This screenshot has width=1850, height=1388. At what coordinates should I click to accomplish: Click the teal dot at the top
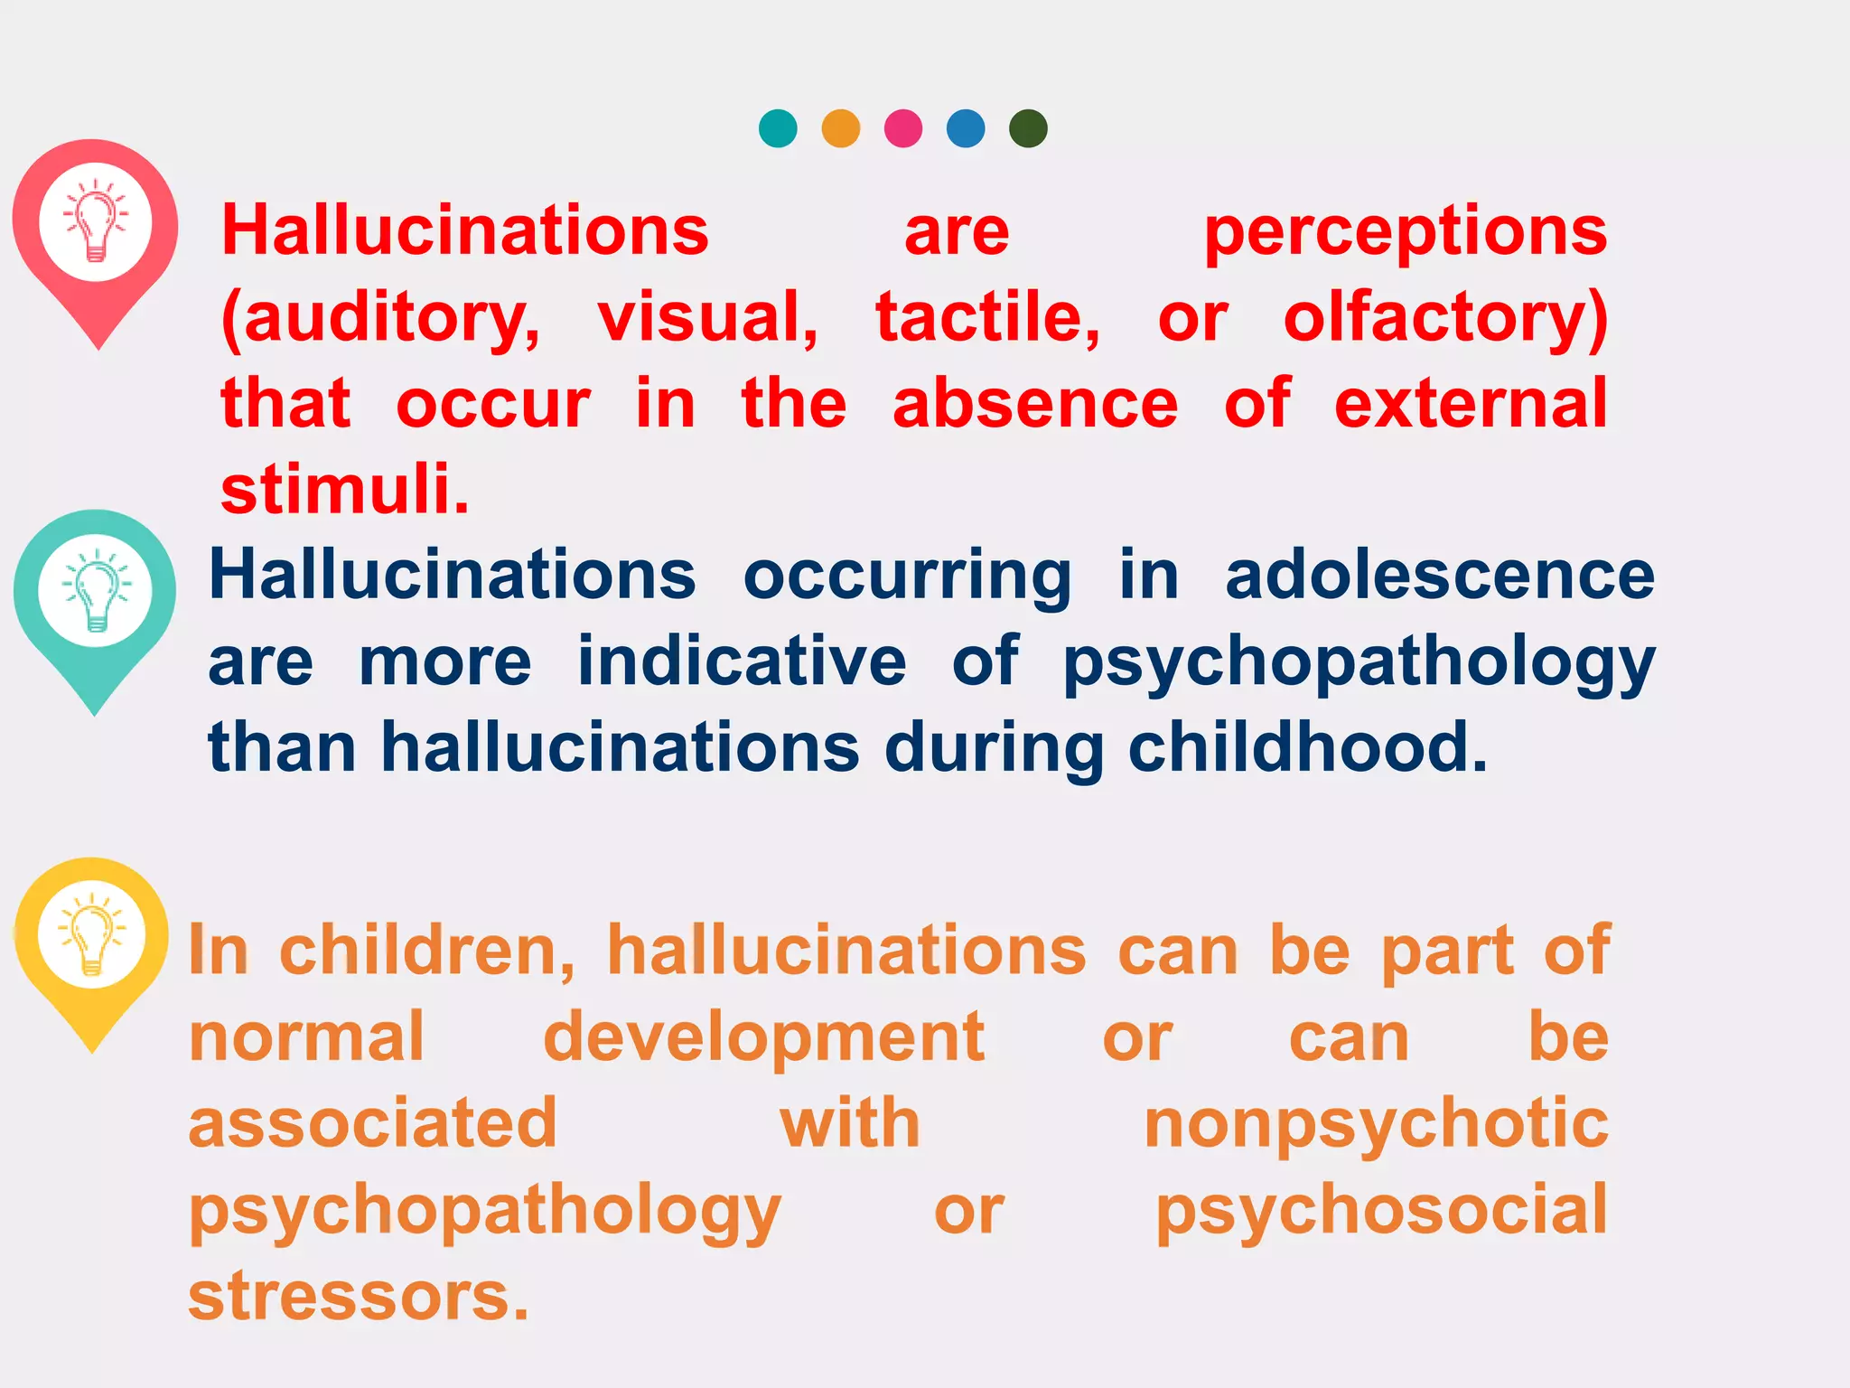coord(778,128)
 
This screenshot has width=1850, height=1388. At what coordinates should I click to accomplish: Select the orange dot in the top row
coord(840,128)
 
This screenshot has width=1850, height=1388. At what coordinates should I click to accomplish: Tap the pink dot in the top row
coord(903,128)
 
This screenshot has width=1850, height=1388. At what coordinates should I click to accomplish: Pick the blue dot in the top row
coord(966,128)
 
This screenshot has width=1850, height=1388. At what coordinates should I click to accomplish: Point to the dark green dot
coord(1028,128)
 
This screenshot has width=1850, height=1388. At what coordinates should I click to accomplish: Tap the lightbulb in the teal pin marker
coord(96,591)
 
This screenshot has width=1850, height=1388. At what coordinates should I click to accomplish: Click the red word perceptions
coord(1406,233)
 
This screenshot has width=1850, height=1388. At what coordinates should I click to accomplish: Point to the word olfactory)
coord(1445,318)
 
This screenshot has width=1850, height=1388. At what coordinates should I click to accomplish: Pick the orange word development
coord(763,1038)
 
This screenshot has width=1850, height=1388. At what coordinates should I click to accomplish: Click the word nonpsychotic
coord(1376,1125)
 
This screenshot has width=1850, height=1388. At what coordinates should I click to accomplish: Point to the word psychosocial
coord(1381,1211)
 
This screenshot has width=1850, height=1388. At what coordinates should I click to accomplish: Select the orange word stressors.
coord(358,1296)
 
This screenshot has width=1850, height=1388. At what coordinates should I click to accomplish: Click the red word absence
coord(1035,404)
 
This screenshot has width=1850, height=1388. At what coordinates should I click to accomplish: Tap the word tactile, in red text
coord(988,318)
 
